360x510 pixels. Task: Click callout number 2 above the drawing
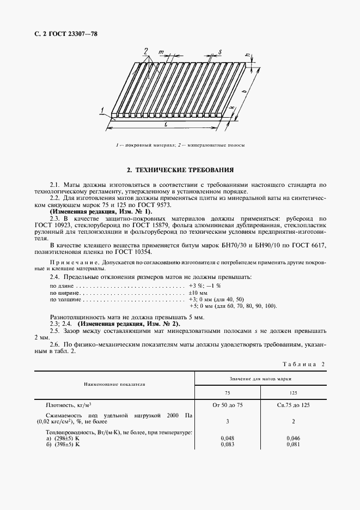pos(145,51)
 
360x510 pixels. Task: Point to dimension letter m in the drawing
pos(162,52)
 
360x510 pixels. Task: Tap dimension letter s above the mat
pos(219,52)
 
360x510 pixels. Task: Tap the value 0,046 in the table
pos(294,438)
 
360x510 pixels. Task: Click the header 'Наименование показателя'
pos(114,384)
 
